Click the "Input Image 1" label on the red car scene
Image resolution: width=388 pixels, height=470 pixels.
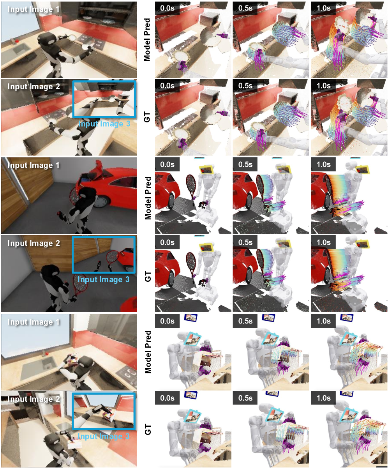34,166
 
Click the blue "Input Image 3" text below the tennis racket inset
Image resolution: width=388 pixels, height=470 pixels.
104,279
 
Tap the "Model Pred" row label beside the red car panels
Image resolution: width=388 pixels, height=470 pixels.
148,198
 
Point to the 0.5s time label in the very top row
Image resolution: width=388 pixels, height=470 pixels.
245,8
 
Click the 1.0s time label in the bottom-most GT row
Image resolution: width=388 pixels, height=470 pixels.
323,398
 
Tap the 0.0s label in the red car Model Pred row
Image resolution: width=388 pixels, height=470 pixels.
167,164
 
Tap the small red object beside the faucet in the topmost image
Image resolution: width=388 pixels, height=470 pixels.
16,41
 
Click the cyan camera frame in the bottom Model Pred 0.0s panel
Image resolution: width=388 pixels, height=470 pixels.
192,340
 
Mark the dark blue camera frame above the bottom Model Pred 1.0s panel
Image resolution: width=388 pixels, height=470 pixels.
347,317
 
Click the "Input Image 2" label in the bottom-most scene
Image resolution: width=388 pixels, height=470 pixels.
34,399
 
